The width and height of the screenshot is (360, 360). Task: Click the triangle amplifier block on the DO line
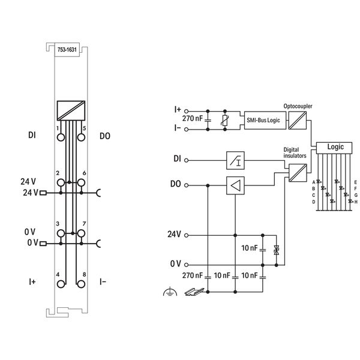click(235, 186)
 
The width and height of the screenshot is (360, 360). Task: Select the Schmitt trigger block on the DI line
click(235, 161)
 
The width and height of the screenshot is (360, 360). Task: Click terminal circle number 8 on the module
click(80, 283)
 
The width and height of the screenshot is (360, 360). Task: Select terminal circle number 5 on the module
click(80, 137)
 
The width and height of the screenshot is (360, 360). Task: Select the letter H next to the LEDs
click(356, 202)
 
